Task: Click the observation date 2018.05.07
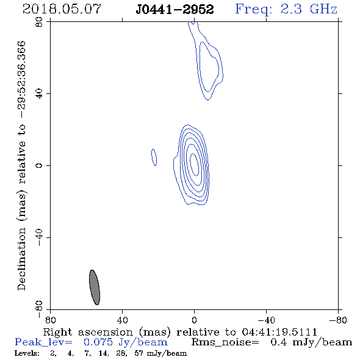62,9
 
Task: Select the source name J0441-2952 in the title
175,10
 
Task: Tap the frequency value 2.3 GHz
309,9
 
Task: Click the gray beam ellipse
95,287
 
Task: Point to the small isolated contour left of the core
154,157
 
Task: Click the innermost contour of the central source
194,164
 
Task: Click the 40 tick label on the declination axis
39,94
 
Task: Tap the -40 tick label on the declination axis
39,237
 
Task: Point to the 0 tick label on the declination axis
39,165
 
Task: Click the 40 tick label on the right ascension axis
122,320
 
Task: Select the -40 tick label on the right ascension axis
266,320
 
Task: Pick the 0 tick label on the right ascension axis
194,320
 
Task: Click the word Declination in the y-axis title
21,259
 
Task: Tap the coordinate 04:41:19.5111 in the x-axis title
279,332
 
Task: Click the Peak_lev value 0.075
98,342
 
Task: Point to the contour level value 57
139,353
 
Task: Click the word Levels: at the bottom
27,353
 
